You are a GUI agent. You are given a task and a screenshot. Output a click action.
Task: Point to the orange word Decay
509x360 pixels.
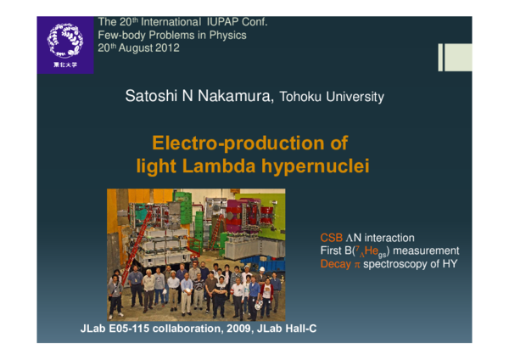334,264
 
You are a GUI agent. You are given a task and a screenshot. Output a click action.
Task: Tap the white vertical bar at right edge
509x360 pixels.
442,57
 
